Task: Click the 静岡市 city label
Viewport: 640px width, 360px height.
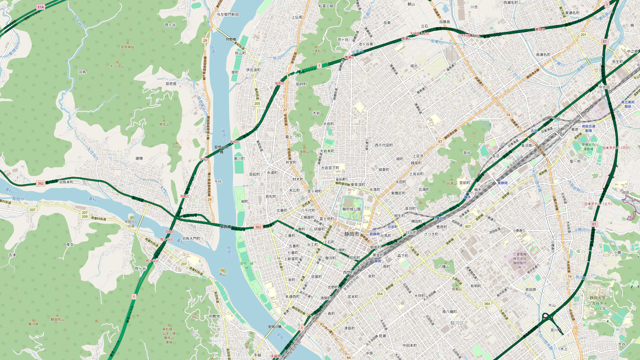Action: click(x=352, y=234)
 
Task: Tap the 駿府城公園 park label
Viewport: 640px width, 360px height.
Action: click(x=351, y=209)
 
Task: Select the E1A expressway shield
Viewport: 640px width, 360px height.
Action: click(x=41, y=7)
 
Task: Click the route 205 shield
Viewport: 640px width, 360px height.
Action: click(x=257, y=104)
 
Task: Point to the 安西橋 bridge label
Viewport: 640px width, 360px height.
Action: click(x=225, y=227)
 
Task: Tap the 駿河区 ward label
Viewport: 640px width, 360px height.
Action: click(x=457, y=323)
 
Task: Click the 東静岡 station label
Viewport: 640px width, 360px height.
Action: click(x=502, y=183)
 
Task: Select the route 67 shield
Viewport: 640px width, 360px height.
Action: click(x=440, y=141)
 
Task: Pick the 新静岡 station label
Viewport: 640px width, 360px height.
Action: click(x=375, y=234)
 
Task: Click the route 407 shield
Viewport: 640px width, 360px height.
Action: click(x=468, y=227)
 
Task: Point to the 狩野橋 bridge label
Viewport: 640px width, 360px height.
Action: click(x=231, y=39)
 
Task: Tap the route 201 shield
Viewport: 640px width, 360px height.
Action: click(x=583, y=35)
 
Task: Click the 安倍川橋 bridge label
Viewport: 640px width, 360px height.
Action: click(x=275, y=327)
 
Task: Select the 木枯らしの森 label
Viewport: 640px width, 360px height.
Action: click(x=131, y=223)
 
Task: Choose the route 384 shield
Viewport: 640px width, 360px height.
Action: click(x=487, y=304)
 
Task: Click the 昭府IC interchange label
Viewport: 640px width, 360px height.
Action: click(x=280, y=84)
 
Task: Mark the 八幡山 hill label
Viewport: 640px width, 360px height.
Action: click(x=444, y=267)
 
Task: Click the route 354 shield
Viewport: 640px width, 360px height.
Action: click(x=379, y=294)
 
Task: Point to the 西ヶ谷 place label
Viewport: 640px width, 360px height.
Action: click(x=170, y=25)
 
